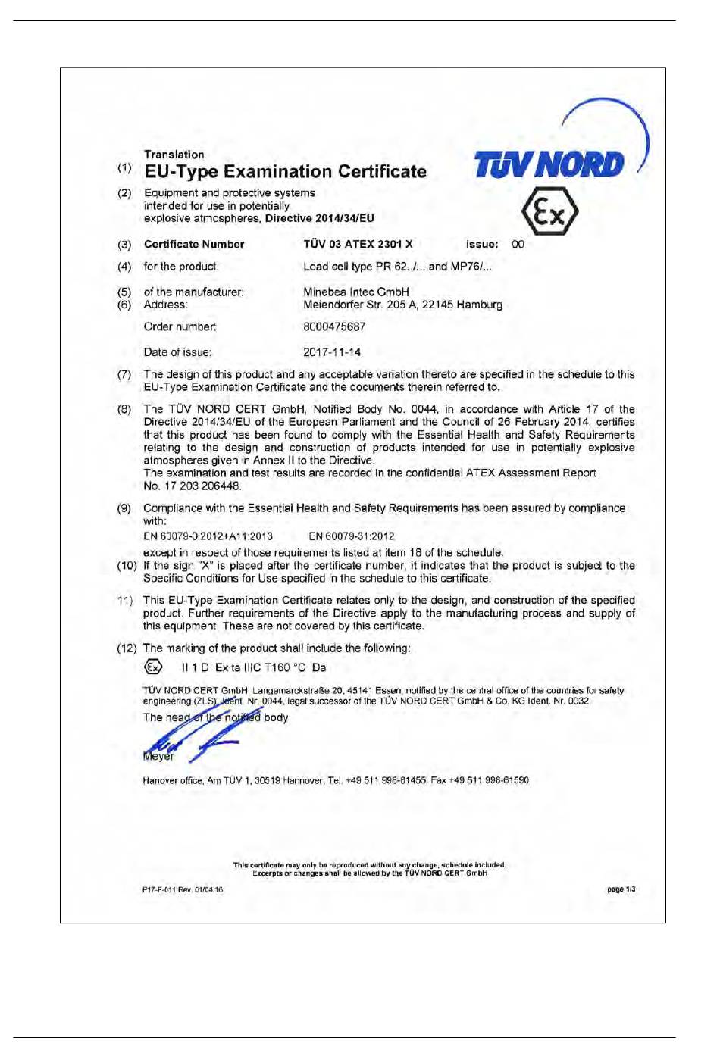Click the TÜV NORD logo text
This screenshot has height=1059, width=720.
pyautogui.click(x=549, y=164)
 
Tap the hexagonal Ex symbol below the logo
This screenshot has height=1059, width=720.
pyautogui.click(x=549, y=211)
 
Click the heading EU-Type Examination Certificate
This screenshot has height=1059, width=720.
pyautogui.click(x=285, y=172)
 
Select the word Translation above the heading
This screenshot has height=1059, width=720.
pyautogui.click(x=174, y=155)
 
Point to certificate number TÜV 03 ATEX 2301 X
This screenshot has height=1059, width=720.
pyautogui.click(x=358, y=245)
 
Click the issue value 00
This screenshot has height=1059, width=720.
pyautogui.click(x=518, y=245)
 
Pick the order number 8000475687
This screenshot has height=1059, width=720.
pyautogui.click(x=334, y=327)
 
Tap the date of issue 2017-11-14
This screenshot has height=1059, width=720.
pyautogui.click(x=332, y=352)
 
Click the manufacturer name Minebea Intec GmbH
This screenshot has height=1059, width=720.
pyautogui.click(x=356, y=292)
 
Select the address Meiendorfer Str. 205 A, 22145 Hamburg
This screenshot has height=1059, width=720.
pyautogui.click(x=402, y=305)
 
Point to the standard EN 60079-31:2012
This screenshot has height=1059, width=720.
pyautogui.click(x=352, y=536)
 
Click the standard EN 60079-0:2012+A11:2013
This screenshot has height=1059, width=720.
pyautogui.click(x=208, y=536)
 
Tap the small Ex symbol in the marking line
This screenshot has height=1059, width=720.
pyautogui.click(x=153, y=667)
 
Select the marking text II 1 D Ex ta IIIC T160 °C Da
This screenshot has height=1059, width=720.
pyautogui.click(x=254, y=668)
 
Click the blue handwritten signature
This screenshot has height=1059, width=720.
pyautogui.click(x=193, y=731)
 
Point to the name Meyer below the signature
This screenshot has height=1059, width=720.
pyautogui.click(x=158, y=756)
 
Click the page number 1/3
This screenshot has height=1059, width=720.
pyautogui.click(x=621, y=889)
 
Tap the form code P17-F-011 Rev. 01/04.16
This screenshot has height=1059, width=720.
pyautogui.click(x=183, y=890)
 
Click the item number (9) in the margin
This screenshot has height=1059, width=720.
pyautogui.click(x=124, y=508)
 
